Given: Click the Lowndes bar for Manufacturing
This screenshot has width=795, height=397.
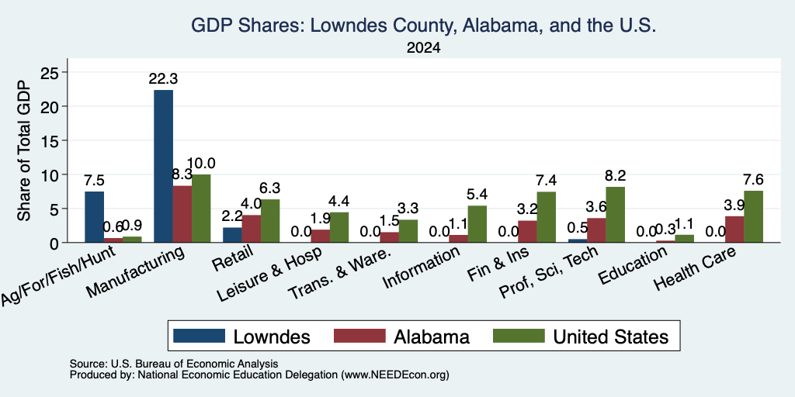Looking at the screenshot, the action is (163, 166).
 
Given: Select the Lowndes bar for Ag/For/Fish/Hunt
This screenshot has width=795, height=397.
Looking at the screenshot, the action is (94, 217).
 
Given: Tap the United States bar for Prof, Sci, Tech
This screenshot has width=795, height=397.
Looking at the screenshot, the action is (615, 215).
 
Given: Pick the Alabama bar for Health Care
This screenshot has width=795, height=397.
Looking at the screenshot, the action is (734, 230).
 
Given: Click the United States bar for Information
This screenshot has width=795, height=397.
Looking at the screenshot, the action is (477, 224).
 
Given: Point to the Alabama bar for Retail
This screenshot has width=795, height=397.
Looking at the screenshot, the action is (252, 229).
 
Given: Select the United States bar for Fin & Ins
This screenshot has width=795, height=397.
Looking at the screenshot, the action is (546, 217).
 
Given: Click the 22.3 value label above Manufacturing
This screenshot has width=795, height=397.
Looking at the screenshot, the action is (163, 79).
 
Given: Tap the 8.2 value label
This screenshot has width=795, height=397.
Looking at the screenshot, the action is (615, 176).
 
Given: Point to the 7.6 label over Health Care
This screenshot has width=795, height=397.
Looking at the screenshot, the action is (753, 180).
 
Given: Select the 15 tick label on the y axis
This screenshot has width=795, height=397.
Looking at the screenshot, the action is (50, 140).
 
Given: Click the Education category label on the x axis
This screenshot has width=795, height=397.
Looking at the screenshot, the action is (632, 267).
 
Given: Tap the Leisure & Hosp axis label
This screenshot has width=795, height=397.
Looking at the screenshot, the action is (269, 275).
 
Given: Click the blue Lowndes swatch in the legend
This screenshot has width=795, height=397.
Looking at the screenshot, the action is (200, 336).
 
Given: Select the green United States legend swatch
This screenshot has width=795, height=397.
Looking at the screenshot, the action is (519, 336).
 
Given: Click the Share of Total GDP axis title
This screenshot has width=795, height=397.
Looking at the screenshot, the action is (24, 150).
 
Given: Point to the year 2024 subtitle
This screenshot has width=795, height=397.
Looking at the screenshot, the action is (423, 48).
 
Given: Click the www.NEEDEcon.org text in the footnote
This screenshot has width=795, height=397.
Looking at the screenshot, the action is (395, 375).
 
